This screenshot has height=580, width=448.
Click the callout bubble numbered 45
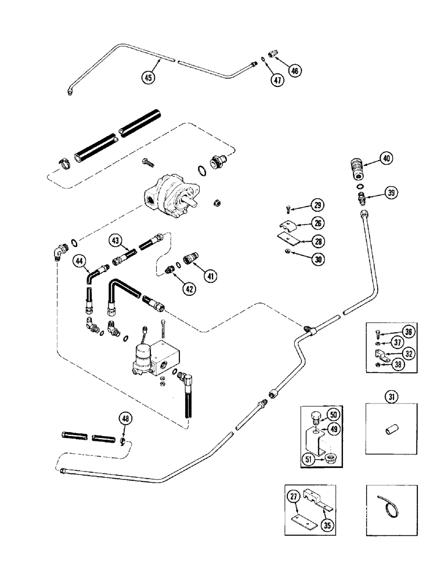(x=150, y=78)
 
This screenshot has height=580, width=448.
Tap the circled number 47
(x=277, y=81)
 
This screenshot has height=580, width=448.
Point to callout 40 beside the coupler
(x=386, y=158)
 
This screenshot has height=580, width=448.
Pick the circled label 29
(x=317, y=205)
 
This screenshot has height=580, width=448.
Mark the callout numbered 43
(x=115, y=241)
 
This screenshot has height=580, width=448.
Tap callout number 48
(x=124, y=418)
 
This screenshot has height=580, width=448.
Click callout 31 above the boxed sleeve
(x=393, y=397)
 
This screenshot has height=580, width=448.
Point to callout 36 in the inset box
(x=410, y=332)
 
